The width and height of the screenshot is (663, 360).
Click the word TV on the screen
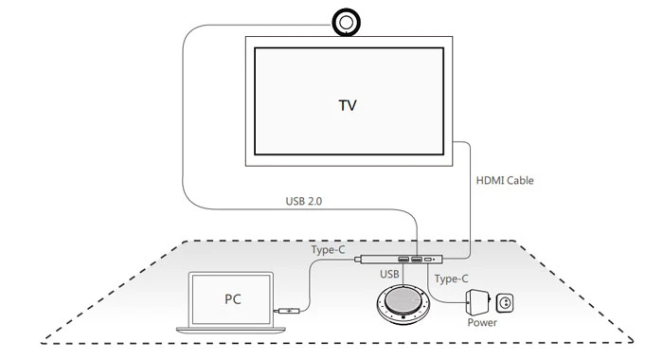point(349,103)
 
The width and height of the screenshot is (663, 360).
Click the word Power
point(482,323)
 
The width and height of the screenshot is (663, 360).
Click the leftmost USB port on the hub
point(403,259)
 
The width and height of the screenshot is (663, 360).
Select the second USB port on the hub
point(417,259)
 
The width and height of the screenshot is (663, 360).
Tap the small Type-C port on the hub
point(432,259)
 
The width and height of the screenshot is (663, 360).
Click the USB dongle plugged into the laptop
point(289,310)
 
